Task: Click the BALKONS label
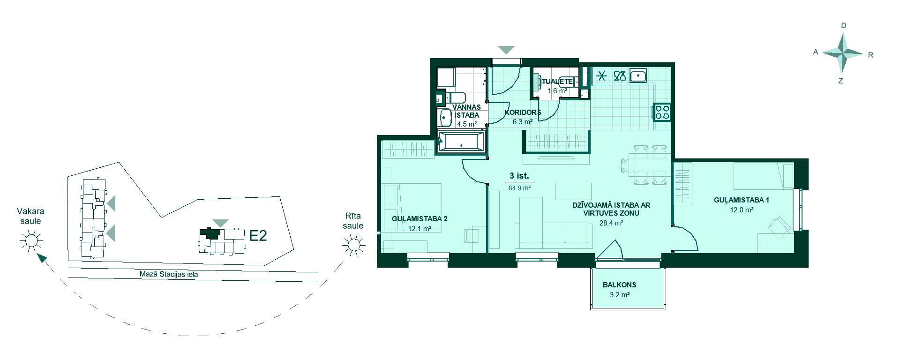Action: [x=619, y=285]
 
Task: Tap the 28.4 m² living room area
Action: [x=611, y=224]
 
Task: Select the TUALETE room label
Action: [x=557, y=81]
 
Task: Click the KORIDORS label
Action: [x=523, y=112]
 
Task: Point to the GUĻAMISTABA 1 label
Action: [x=742, y=200]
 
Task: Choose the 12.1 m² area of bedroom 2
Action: [x=420, y=229]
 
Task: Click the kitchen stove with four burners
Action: [x=662, y=112]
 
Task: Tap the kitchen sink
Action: [x=638, y=75]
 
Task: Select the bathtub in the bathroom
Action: [x=461, y=142]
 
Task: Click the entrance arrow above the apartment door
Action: [x=506, y=50]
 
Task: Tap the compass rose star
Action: [x=843, y=54]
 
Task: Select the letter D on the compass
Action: [x=844, y=26]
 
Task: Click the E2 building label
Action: [x=258, y=235]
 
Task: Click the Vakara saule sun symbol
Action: [x=31, y=241]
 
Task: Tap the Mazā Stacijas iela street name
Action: [x=169, y=275]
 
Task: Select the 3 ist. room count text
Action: [x=519, y=176]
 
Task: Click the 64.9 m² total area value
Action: [x=519, y=188]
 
